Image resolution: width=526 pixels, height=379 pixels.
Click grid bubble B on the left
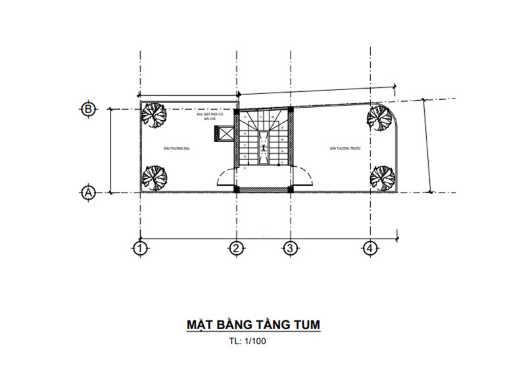(87, 109)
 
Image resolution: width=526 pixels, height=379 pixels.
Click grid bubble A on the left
(87, 192)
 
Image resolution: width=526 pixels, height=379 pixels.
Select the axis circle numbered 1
(139, 248)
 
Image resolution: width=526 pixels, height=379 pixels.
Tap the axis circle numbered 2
(237, 248)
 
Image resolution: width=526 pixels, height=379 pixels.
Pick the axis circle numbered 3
(290, 248)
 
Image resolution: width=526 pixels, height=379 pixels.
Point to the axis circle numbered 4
(371, 248)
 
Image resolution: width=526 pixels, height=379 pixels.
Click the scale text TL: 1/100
(248, 342)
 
